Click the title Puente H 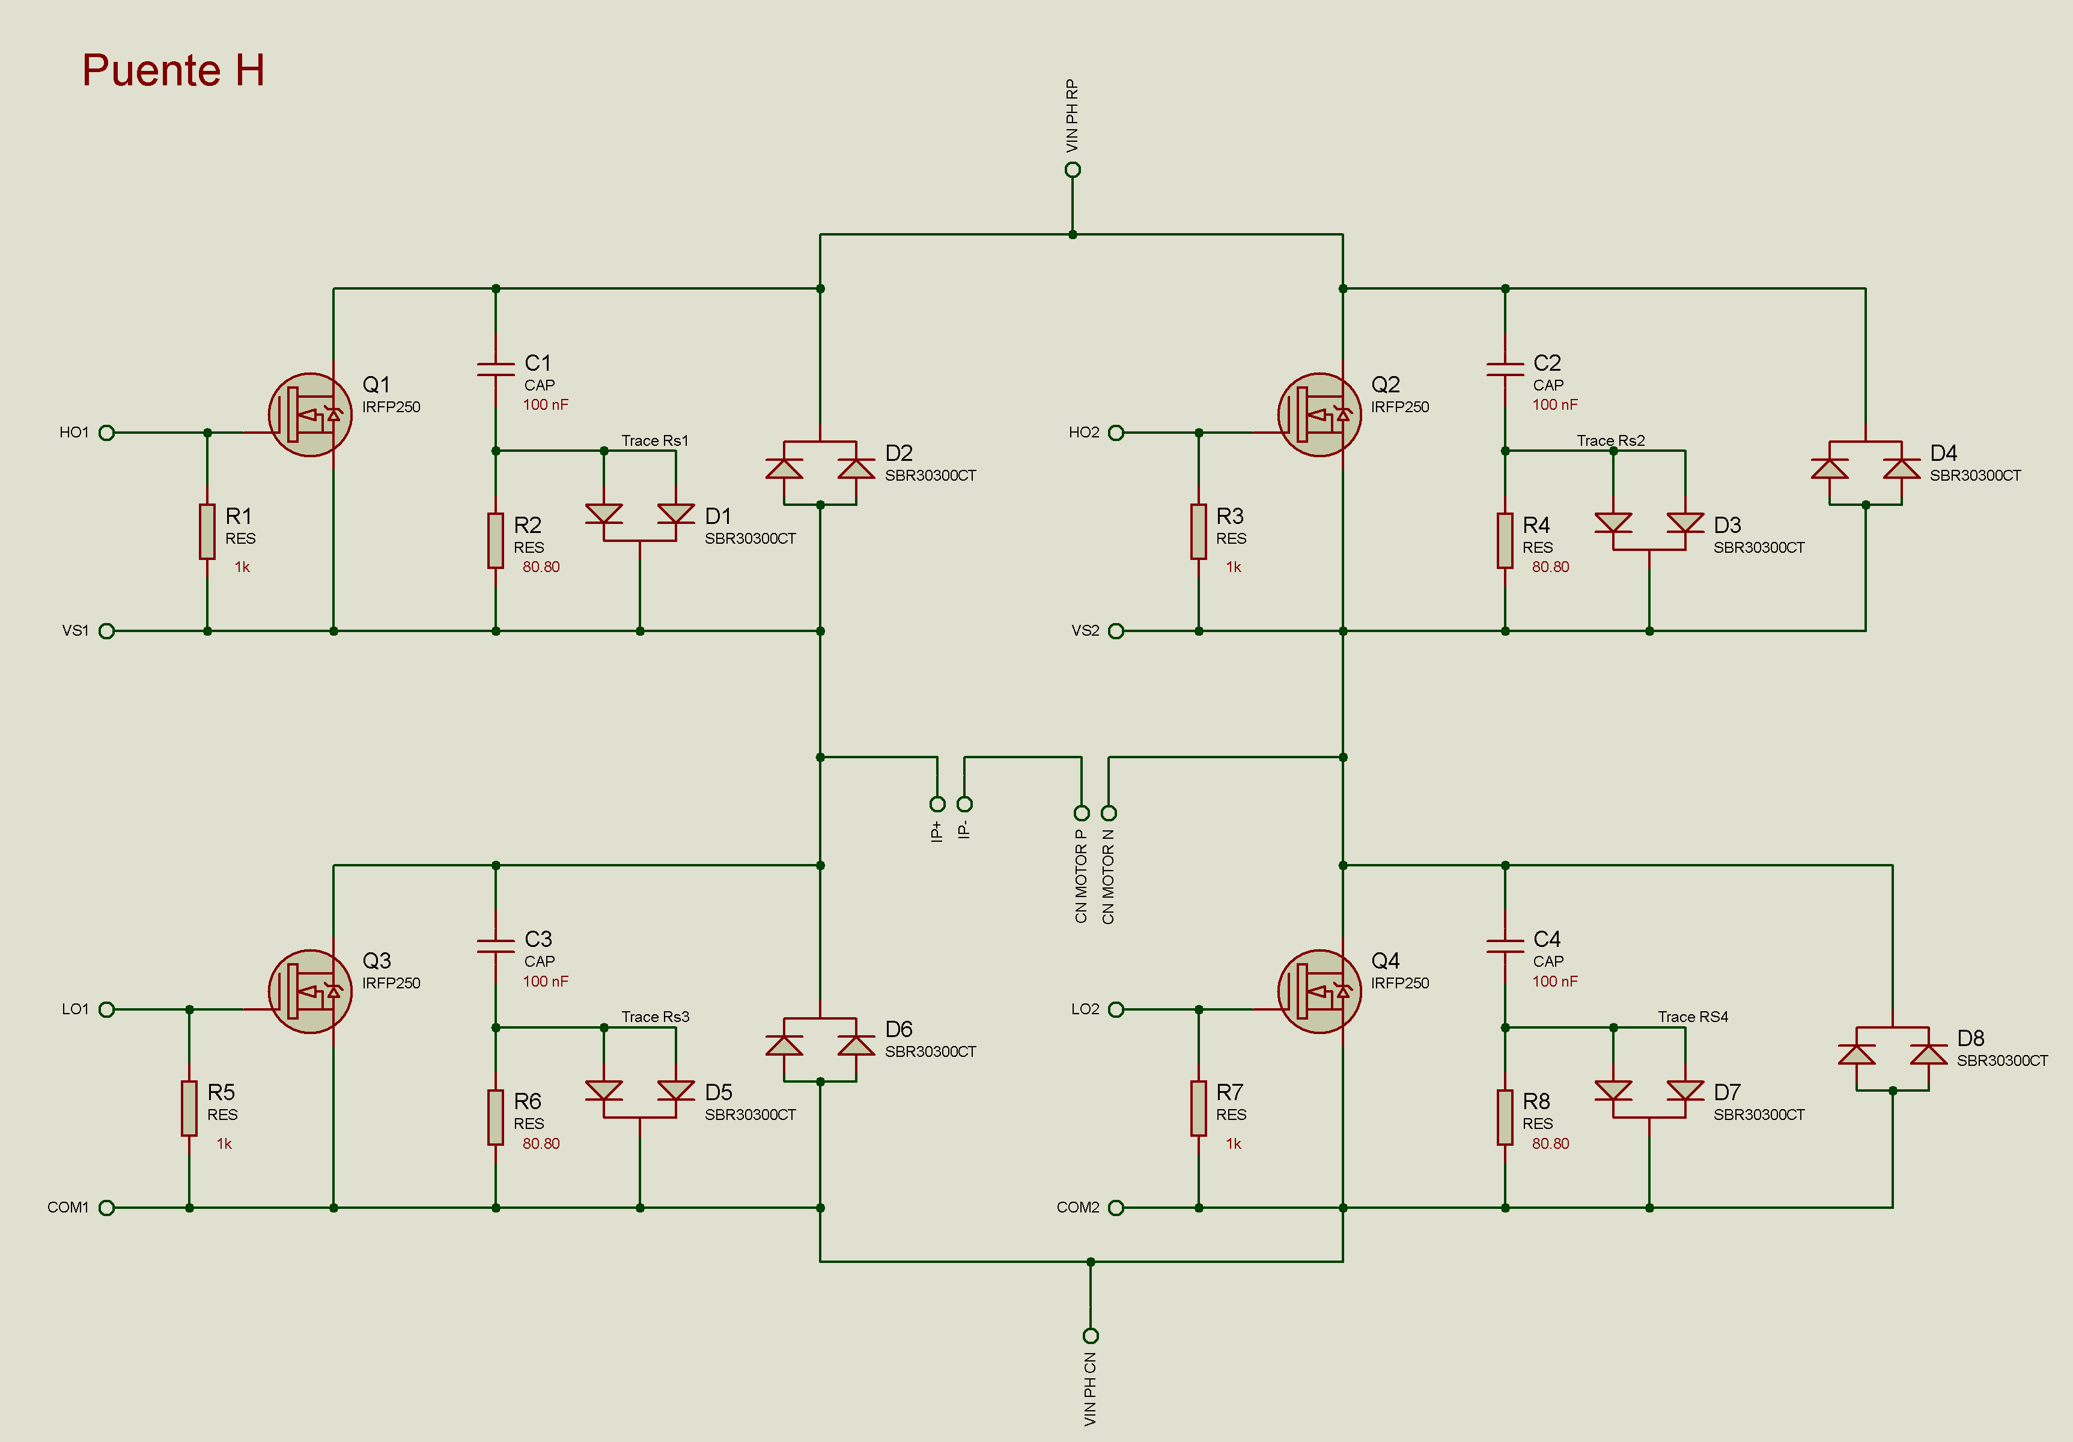pos(174,70)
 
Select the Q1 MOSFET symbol pos(311,415)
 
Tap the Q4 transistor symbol pos(1319,991)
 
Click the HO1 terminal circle pos(106,433)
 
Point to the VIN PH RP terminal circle pos(1073,170)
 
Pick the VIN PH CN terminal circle pos(1091,1336)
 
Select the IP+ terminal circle pos(937,804)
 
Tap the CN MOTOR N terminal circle pos(1109,813)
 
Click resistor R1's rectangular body pos(208,532)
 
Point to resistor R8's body pos(1505,1118)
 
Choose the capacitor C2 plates pos(1505,368)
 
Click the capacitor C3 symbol pos(496,945)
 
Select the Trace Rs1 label pos(654,440)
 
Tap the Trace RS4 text pos(1693,1017)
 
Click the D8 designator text pos(1970,1038)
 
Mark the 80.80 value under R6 pos(541,1143)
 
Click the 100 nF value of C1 pos(546,404)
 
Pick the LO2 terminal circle pos(1116,1009)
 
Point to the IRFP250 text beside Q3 pos(391,984)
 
